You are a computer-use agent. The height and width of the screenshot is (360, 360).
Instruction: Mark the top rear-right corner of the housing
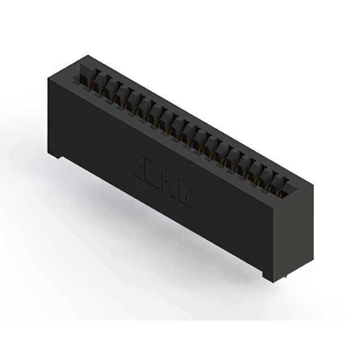point(313,181)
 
